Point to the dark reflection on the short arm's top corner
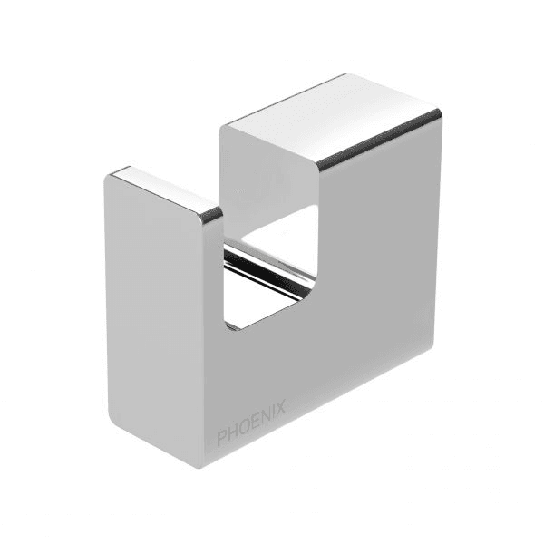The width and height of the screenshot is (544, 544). [x=210, y=216]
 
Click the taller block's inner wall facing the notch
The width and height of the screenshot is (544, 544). [x=267, y=172]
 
